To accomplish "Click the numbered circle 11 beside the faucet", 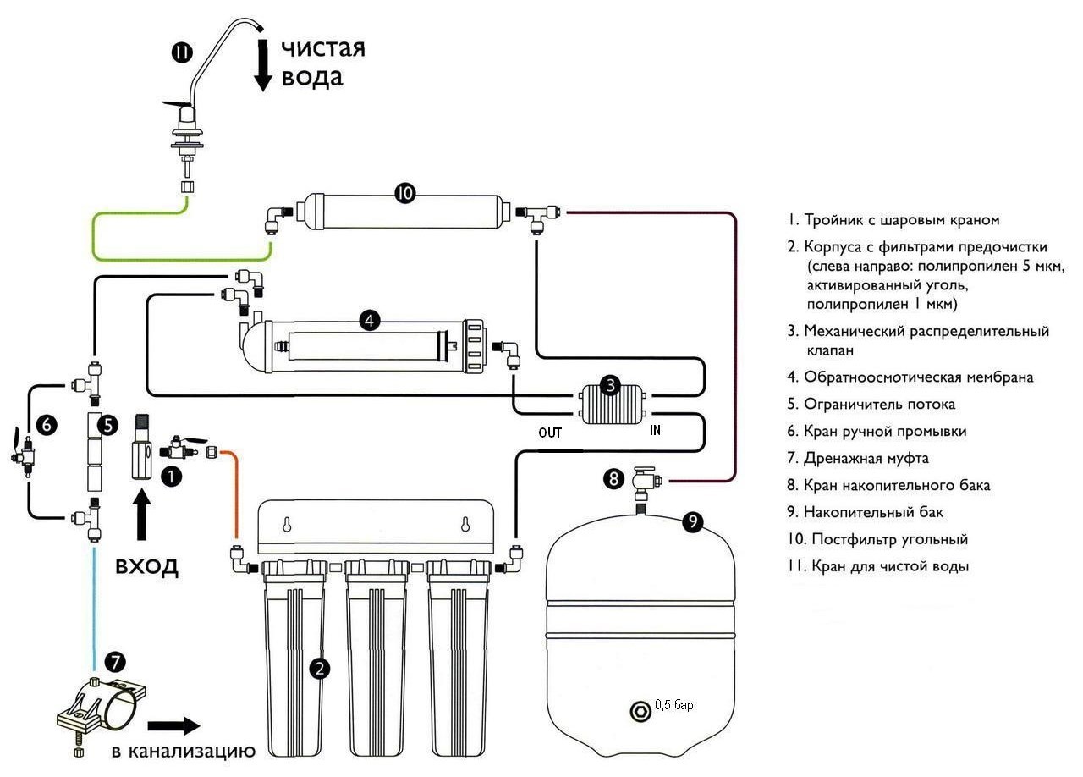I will [182, 52].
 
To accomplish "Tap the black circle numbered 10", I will [404, 193].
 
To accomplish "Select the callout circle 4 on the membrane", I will [369, 320].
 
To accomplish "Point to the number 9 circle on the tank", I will [693, 522].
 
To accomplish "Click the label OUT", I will [551, 433].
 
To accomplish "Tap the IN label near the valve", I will [655, 430].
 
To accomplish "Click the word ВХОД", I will [147, 566].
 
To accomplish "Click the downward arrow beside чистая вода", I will [263, 66].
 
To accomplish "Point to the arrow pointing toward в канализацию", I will [173, 725].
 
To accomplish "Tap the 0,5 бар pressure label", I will [674, 705].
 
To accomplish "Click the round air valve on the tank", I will [639, 709].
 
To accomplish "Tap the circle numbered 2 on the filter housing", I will [320, 669].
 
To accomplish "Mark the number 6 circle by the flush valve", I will [47, 426].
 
